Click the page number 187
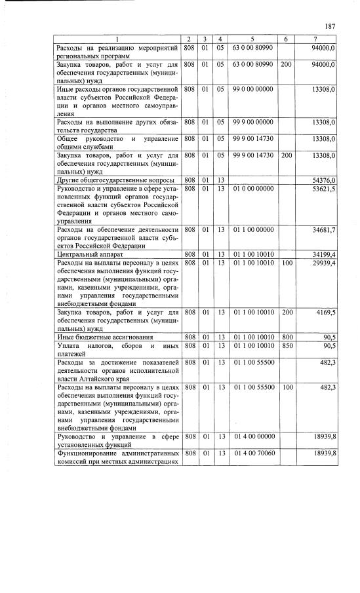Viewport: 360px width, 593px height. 330,26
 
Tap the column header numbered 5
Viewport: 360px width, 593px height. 252,40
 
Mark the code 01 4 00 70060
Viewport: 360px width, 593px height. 252,453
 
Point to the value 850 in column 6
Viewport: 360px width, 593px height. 286,345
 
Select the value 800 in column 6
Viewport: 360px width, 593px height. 286,336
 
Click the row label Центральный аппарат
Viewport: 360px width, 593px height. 86,254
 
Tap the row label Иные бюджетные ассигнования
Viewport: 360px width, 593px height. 98,336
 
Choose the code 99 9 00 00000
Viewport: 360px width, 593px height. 252,121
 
